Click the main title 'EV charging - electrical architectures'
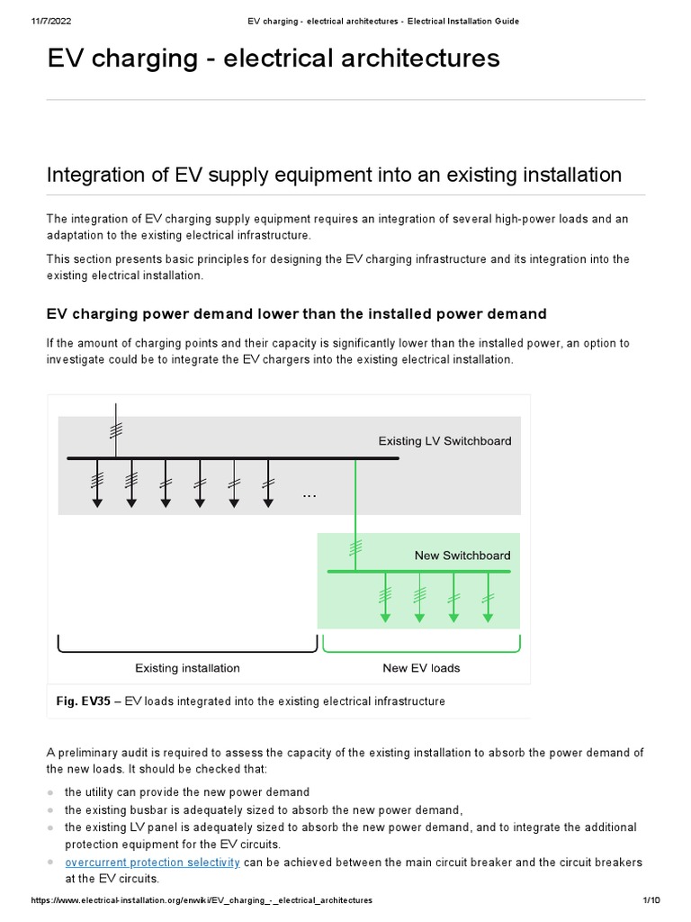(273, 59)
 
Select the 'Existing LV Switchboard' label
(444, 441)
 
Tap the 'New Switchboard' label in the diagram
(462, 556)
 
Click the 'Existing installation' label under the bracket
(187, 668)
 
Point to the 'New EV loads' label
(421, 668)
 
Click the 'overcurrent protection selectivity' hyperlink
(152, 862)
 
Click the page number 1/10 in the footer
(652, 899)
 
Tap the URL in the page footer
(202, 899)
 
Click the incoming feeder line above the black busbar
(114, 432)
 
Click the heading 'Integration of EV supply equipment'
(334, 174)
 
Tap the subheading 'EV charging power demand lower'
(296, 314)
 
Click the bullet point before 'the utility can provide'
(51, 792)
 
